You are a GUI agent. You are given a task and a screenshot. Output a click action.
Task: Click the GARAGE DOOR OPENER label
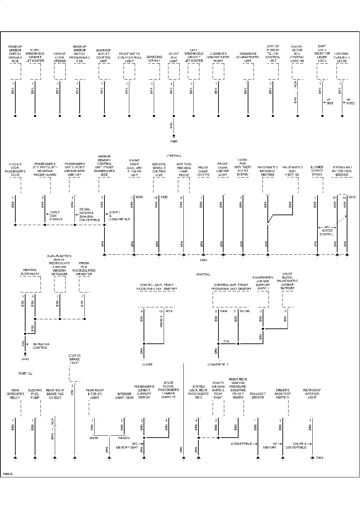point(60,57)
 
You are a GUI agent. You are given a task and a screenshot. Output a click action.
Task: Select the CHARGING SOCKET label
point(154,59)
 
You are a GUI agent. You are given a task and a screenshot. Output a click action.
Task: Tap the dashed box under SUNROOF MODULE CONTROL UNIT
point(104,71)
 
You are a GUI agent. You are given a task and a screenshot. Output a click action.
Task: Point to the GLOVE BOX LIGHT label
point(174,57)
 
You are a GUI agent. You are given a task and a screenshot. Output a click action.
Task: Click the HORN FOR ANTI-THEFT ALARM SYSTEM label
point(243,167)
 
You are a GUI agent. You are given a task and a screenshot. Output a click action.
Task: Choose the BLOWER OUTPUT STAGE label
point(317,171)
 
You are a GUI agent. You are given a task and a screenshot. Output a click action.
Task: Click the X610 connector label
point(352,197)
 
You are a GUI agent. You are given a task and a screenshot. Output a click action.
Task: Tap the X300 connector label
point(139,197)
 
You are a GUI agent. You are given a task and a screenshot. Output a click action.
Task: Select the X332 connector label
point(164,197)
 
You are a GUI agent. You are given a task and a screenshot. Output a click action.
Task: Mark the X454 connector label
point(320,458)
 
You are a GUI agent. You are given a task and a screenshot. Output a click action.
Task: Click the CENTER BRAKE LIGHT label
point(75,359)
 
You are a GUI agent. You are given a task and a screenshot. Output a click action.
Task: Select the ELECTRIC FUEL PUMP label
point(35,394)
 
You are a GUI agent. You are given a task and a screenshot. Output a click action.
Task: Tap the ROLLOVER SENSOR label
point(257,396)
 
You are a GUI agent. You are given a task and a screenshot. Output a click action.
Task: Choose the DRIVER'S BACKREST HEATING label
point(282,394)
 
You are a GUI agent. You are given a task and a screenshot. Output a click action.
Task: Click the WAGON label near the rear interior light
point(124,438)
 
